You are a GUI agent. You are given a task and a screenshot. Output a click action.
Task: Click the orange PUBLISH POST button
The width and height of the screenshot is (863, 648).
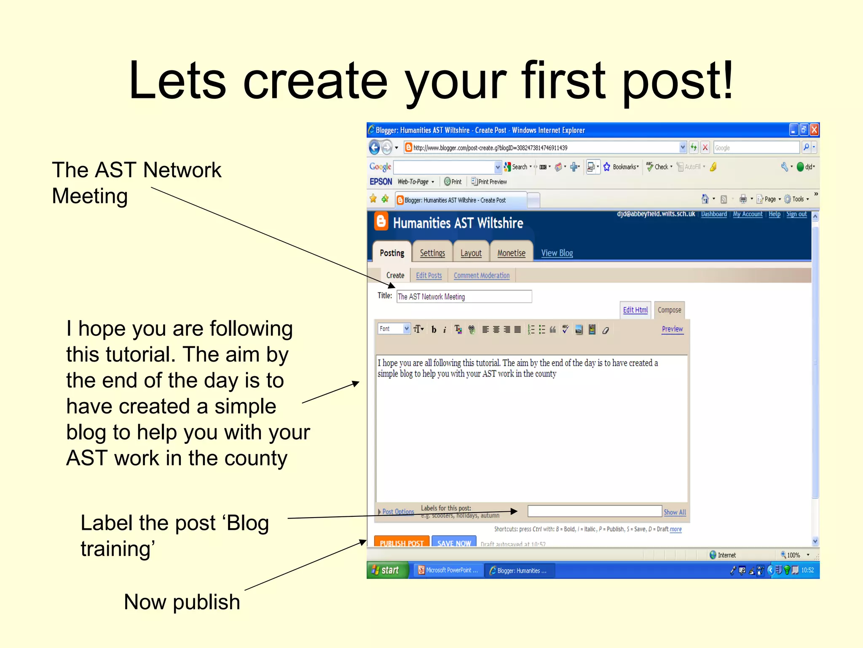coord(401,543)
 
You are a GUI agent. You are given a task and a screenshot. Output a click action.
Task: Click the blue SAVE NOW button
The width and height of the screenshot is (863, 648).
coord(454,543)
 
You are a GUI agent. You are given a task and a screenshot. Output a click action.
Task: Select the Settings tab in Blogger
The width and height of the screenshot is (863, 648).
coord(432,253)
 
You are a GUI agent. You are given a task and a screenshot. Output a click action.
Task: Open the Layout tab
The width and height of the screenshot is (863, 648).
coord(471,253)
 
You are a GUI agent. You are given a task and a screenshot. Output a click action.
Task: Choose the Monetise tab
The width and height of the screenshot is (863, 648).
coord(511,253)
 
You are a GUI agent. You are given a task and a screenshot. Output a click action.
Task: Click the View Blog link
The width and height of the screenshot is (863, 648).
coord(557,253)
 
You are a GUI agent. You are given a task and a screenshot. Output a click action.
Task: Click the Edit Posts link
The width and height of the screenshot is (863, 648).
coord(429,275)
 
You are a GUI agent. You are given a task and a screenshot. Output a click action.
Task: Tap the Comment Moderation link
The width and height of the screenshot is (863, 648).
coord(481,275)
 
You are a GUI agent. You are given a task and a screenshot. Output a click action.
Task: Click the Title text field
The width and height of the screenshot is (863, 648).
coord(464,297)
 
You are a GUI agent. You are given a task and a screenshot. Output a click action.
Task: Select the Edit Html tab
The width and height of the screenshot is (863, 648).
coord(635,310)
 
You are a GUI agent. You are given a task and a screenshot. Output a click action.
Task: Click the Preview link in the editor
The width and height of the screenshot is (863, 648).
coord(672,329)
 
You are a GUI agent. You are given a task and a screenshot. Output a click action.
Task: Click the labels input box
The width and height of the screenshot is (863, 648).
coord(594,511)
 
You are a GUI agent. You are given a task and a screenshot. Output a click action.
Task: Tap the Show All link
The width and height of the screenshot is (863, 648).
coord(675,512)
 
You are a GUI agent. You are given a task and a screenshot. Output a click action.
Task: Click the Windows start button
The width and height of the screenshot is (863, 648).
coord(387,570)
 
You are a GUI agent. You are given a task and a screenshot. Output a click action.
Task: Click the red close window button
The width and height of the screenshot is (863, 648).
coord(814,130)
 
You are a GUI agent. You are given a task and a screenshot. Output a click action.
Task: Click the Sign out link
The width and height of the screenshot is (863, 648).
coord(796,214)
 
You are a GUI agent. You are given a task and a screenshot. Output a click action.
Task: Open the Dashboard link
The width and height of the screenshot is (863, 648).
coord(713,214)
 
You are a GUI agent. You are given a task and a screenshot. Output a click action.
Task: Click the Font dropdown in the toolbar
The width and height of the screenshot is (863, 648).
coord(394,329)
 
